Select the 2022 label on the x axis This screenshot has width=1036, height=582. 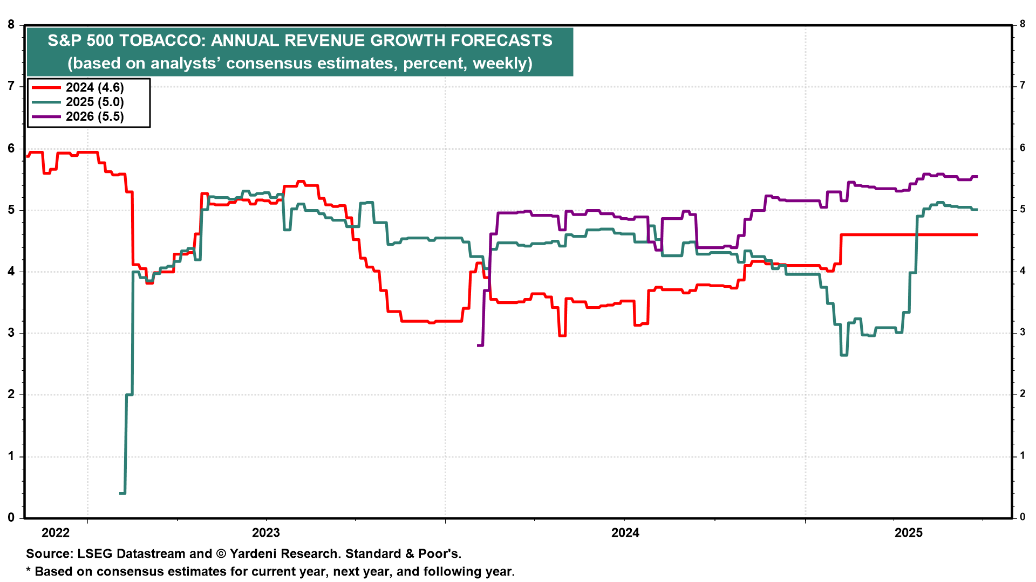(56, 533)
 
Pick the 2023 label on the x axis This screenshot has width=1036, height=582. (266, 533)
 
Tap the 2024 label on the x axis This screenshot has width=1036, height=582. (625, 533)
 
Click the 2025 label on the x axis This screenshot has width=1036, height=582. (909, 533)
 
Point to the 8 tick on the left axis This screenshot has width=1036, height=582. (11, 24)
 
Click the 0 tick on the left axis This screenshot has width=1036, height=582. (11, 518)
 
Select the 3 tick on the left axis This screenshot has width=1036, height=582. (11, 333)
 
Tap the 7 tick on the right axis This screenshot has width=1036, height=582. (1022, 86)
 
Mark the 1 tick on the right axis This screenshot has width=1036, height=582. (1022, 456)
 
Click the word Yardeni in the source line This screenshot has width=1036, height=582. (256, 554)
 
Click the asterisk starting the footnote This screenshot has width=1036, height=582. (29, 571)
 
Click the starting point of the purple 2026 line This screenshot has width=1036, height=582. (479, 345)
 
